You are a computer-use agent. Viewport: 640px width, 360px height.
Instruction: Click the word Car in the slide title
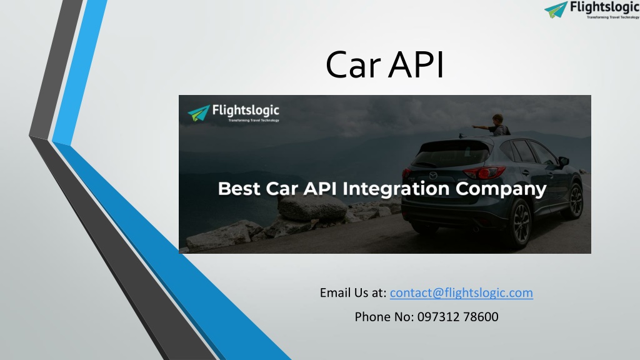(x=352, y=64)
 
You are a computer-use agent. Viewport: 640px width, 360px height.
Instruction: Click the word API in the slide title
(x=416, y=64)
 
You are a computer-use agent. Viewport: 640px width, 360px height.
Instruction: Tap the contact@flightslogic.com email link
(x=461, y=292)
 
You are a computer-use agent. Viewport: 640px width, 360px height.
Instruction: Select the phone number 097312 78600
(x=457, y=317)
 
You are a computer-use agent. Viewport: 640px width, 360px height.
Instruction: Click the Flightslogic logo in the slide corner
(x=592, y=10)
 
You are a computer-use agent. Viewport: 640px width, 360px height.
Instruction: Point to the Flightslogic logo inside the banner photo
(x=234, y=113)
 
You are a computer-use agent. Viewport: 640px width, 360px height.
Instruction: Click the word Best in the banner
(x=239, y=189)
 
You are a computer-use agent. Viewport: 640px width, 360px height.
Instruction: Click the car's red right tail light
(x=484, y=172)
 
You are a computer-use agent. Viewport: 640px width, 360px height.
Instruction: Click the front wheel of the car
(x=575, y=201)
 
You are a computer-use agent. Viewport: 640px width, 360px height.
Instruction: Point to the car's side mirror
(x=564, y=161)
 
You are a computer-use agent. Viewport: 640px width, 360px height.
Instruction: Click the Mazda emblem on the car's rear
(x=433, y=176)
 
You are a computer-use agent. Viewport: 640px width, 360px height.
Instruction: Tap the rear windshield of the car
(x=451, y=153)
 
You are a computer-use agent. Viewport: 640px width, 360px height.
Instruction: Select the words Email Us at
(x=353, y=292)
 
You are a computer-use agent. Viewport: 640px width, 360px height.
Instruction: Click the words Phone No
(x=384, y=317)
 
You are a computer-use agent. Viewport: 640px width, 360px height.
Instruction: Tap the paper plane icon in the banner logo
(x=199, y=113)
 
